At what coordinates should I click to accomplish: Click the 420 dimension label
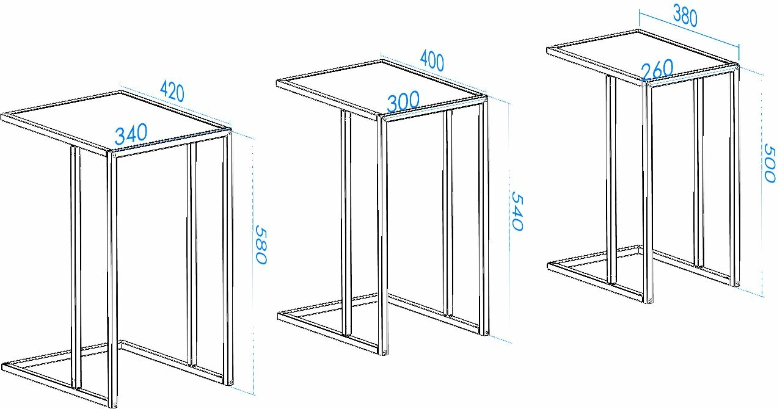tap(172, 92)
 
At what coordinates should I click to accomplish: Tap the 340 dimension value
tap(131, 134)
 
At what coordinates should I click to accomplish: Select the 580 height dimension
tap(261, 245)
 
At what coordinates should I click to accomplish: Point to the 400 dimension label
tap(432, 60)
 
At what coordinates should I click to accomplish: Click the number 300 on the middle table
tap(403, 102)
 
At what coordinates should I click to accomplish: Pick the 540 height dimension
tap(517, 211)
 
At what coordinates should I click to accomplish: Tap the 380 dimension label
tap(685, 16)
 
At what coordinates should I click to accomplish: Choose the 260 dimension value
tap(657, 70)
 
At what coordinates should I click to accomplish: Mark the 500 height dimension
tap(770, 163)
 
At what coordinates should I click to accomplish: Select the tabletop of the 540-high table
tap(382, 89)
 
